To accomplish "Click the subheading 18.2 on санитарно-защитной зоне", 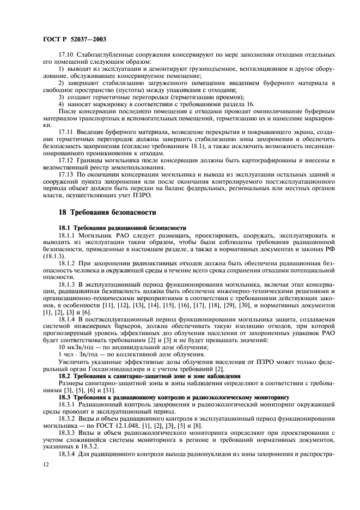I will coord(142,376).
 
